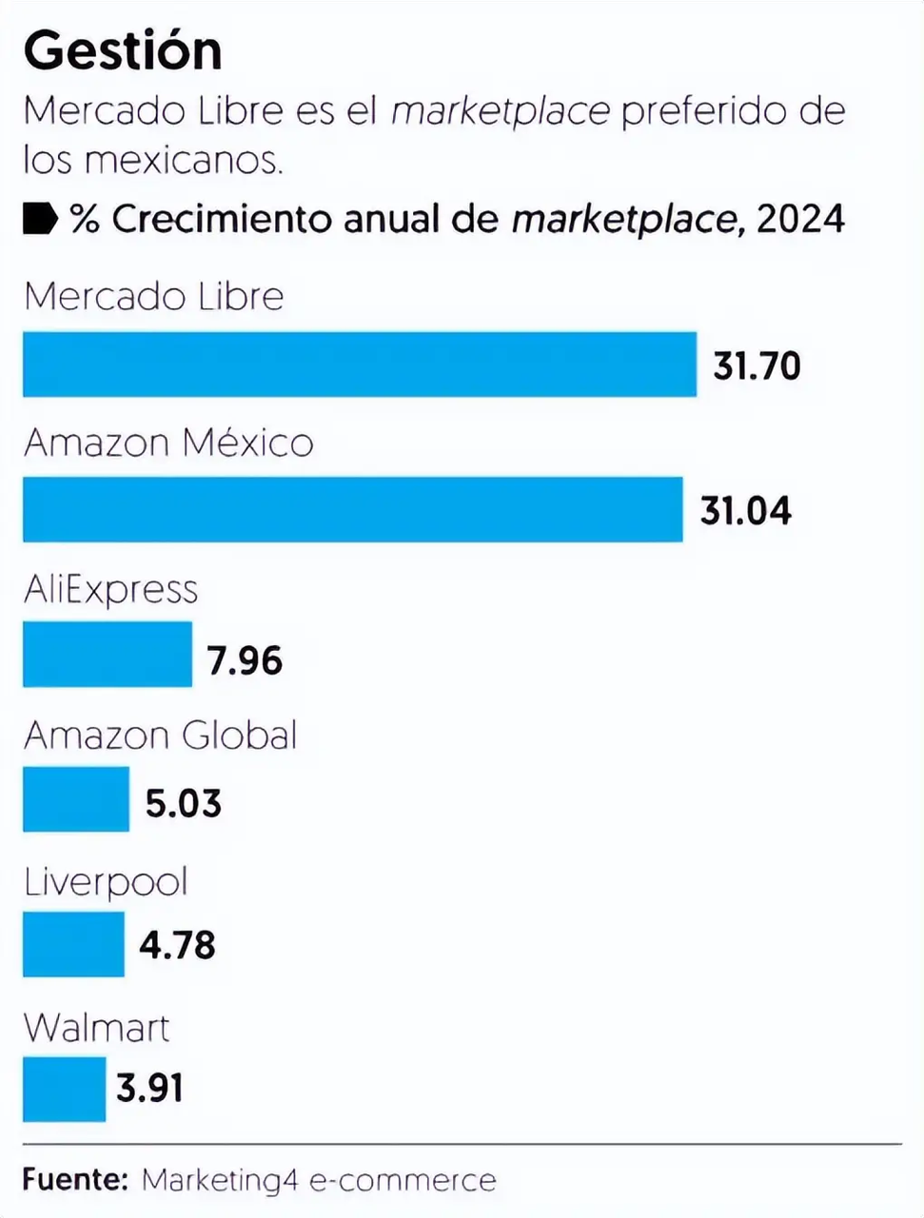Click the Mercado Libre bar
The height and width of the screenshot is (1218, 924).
360,364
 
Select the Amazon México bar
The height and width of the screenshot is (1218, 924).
352,510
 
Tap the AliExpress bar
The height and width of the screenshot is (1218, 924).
108,655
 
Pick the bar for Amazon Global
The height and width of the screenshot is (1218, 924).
76,799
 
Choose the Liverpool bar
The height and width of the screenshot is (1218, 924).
73,944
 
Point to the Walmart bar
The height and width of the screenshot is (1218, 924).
64,1089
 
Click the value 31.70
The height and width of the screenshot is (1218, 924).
757,365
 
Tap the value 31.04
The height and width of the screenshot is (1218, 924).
745,511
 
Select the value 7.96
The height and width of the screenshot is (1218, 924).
245,659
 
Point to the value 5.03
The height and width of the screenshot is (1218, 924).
184,803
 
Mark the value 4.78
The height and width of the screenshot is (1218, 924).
177,946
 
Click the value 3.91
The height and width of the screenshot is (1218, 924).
149,1088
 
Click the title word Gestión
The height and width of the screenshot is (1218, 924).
123,50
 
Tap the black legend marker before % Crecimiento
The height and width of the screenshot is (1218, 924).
40,218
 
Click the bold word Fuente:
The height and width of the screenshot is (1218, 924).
75,1179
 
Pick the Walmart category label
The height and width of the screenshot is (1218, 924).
96,1029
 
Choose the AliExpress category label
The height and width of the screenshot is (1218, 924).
110,591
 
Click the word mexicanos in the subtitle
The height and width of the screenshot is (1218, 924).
184,159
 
